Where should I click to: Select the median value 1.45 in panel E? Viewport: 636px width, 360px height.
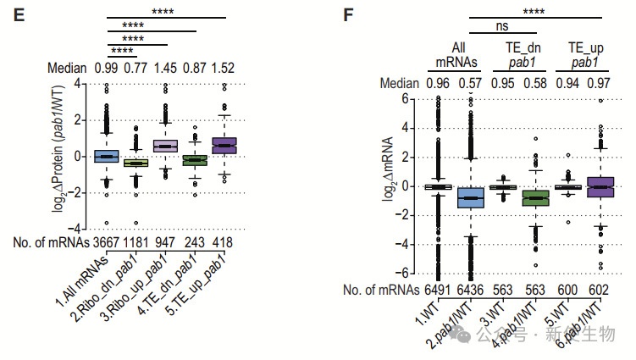click(164, 69)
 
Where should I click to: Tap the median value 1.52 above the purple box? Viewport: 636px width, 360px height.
click(224, 69)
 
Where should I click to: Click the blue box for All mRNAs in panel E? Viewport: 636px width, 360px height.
click(107, 157)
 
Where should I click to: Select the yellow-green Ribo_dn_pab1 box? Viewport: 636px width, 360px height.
click(135, 163)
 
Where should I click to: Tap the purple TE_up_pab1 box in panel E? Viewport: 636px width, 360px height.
click(224, 145)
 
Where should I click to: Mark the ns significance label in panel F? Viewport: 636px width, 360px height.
click(501, 26)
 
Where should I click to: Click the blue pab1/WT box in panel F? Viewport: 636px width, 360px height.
click(470, 197)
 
